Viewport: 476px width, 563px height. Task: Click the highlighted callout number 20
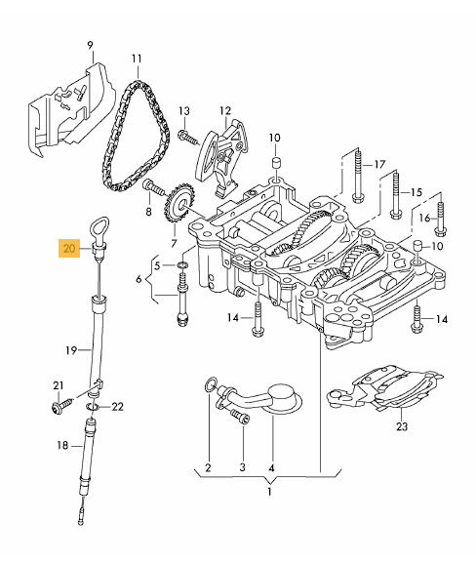tap(69, 248)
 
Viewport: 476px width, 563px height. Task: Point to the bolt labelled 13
tap(187, 138)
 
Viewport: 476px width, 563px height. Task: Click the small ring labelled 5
tap(182, 265)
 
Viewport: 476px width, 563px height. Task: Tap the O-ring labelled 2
tap(210, 384)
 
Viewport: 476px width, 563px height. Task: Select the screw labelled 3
tap(241, 416)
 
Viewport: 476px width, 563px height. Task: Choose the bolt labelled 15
tap(395, 195)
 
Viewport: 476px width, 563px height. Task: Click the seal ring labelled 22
tap(93, 407)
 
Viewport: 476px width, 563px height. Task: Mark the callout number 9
tap(90, 46)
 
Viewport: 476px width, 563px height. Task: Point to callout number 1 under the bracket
tap(269, 492)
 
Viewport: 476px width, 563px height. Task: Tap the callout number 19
tap(71, 349)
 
